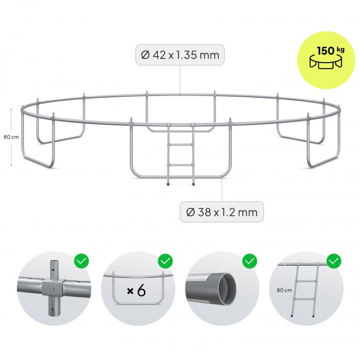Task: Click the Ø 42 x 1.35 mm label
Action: (180, 55)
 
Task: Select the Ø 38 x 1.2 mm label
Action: (221, 212)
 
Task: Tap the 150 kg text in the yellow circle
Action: (331, 50)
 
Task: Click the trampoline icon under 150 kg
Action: (326, 62)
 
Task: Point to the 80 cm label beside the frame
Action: (11, 137)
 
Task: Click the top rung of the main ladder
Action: (181, 145)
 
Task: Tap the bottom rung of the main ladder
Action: (181, 164)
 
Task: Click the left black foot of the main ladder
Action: (168, 184)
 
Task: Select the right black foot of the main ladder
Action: (193, 184)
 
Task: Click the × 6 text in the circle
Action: (136, 291)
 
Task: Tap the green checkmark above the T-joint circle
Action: (81, 261)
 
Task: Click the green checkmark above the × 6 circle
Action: (166, 261)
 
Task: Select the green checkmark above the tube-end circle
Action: (250, 261)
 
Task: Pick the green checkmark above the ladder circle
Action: (334, 261)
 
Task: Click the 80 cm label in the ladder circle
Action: (284, 290)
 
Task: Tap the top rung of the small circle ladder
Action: (307, 281)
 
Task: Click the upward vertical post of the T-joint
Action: (54, 269)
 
